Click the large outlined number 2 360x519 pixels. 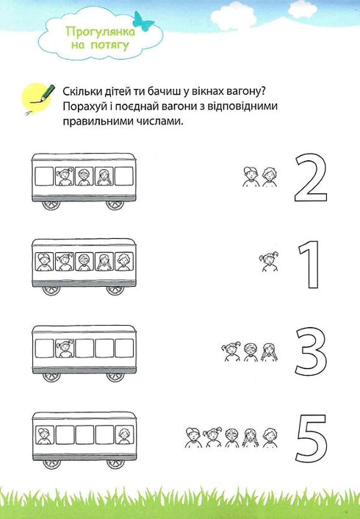click(310, 178)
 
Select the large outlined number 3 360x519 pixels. click(309, 351)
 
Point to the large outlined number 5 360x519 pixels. click(310, 438)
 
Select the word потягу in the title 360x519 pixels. click(111, 45)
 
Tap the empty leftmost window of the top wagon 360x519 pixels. click(45, 176)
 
